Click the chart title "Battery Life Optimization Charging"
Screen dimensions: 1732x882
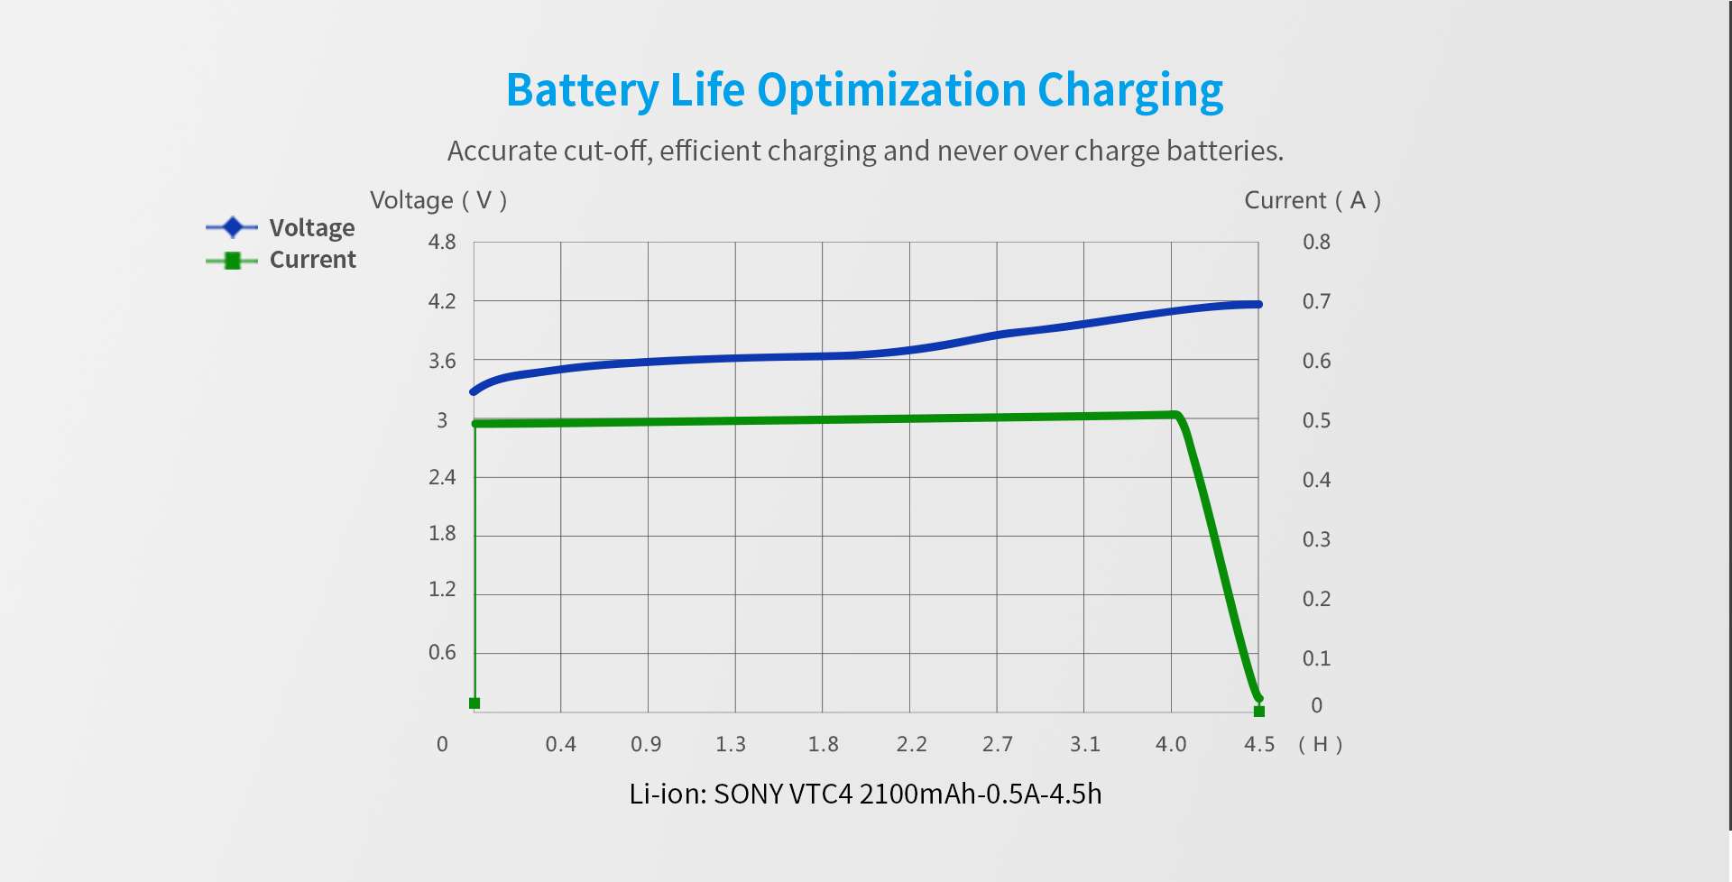[864, 91]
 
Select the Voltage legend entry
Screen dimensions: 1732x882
[281, 227]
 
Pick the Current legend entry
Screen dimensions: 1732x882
[281, 260]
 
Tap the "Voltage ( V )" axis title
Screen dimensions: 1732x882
[438, 200]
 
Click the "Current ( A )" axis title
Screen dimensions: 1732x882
[1313, 200]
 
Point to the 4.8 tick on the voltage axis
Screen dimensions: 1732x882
[442, 242]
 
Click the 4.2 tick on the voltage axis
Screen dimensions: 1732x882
[442, 301]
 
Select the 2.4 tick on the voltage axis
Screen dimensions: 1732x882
[442, 477]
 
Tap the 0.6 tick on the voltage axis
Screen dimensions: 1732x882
[442, 652]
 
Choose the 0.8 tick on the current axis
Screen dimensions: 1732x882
[1316, 242]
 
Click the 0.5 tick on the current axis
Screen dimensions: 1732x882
[1316, 420]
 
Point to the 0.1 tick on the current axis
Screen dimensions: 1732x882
[1316, 658]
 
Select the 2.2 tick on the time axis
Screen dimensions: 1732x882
[911, 744]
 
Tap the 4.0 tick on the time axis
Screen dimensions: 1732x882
[1171, 744]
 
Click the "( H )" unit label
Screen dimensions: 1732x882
[1321, 744]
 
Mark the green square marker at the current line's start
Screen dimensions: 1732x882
[474, 703]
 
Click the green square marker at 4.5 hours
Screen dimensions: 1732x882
[1259, 712]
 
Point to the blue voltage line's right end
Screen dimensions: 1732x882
[1258, 305]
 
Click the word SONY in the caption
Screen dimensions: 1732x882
[748, 794]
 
